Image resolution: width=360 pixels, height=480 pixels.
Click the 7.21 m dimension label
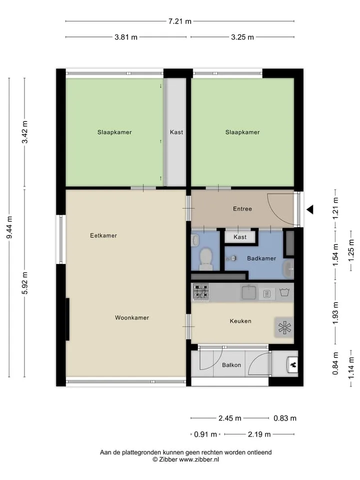(179, 21)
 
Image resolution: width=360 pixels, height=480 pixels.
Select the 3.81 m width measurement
(126, 37)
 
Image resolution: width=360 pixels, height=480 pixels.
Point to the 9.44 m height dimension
(9, 227)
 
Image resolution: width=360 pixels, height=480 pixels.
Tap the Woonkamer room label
(132, 318)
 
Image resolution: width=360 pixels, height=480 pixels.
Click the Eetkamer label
(103, 235)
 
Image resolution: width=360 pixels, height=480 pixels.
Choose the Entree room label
(242, 209)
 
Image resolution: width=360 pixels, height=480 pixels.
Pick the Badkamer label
(261, 258)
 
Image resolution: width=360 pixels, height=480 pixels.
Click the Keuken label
(240, 321)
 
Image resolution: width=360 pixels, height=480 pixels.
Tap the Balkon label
(231, 365)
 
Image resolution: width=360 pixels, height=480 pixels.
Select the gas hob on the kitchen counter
(201, 291)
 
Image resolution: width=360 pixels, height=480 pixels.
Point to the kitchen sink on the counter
(248, 292)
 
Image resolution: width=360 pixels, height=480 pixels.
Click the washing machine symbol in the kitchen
(284, 292)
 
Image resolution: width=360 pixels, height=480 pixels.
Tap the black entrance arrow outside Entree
(310, 209)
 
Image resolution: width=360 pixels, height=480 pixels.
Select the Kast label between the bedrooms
(176, 132)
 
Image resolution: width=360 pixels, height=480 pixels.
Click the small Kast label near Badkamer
(239, 237)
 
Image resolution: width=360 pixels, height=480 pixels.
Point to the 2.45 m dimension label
(230, 418)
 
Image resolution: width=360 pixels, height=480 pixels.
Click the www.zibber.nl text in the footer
(199, 459)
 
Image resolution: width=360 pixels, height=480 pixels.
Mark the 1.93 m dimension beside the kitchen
(336, 313)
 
